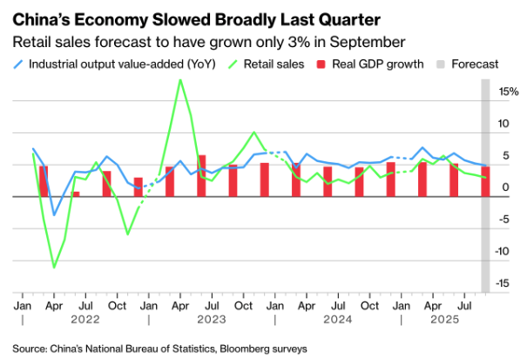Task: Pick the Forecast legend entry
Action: [476, 64]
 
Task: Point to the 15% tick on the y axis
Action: [509, 91]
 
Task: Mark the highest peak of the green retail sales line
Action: [180, 80]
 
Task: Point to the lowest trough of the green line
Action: [54, 268]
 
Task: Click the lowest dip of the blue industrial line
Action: [54, 215]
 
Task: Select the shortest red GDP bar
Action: [76, 194]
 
